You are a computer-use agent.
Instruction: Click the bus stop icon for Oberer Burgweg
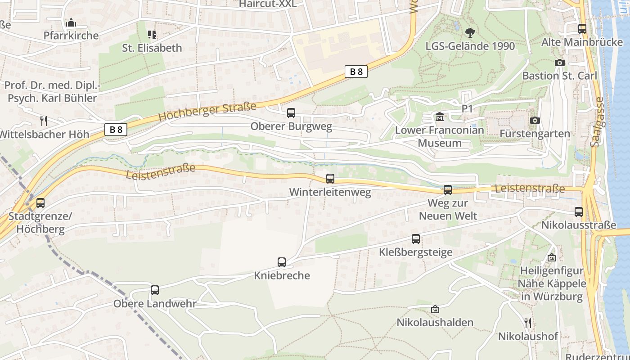tap(291, 113)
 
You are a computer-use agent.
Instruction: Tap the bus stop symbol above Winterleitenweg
tap(330, 179)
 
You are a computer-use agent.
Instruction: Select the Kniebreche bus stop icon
tap(282, 262)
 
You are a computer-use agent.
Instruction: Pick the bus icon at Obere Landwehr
tap(155, 290)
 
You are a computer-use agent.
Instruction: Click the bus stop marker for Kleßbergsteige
tap(416, 239)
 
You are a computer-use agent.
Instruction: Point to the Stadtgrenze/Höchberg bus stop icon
tap(40, 203)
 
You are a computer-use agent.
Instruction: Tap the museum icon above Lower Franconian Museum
tap(440, 117)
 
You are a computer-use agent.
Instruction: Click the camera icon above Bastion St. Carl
tap(560, 63)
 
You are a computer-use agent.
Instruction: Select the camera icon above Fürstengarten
tap(535, 120)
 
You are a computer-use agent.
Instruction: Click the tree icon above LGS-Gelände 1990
tap(470, 33)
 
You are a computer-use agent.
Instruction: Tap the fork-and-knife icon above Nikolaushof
tap(528, 323)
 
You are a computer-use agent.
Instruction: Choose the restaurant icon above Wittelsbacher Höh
tap(44, 121)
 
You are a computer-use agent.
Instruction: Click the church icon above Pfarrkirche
tap(71, 22)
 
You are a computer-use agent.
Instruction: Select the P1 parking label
tap(468, 109)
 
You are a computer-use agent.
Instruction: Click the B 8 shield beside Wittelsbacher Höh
tap(116, 130)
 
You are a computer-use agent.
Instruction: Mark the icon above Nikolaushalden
tap(435, 309)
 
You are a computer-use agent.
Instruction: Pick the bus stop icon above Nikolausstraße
tap(579, 211)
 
